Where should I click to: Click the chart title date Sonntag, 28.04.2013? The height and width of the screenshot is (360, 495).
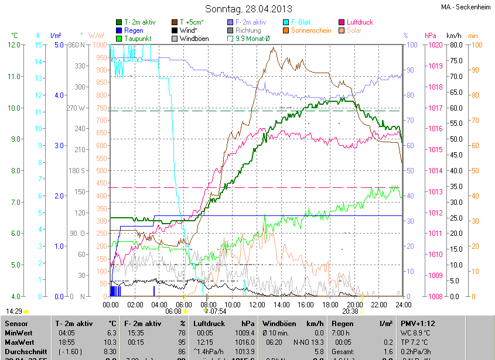tap(248, 9)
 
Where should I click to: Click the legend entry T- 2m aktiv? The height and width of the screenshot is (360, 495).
tap(139, 22)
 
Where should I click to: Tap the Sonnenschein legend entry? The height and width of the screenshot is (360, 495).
tap(311, 30)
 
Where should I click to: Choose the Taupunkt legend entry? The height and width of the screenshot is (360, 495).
tap(138, 39)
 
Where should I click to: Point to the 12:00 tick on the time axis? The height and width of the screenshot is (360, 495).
tap(257, 305)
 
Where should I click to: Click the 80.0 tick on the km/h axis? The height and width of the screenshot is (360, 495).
tap(455, 45)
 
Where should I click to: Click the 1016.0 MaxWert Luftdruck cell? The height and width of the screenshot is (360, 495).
tap(242, 342)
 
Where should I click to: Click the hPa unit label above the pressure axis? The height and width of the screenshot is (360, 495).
tap(430, 36)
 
